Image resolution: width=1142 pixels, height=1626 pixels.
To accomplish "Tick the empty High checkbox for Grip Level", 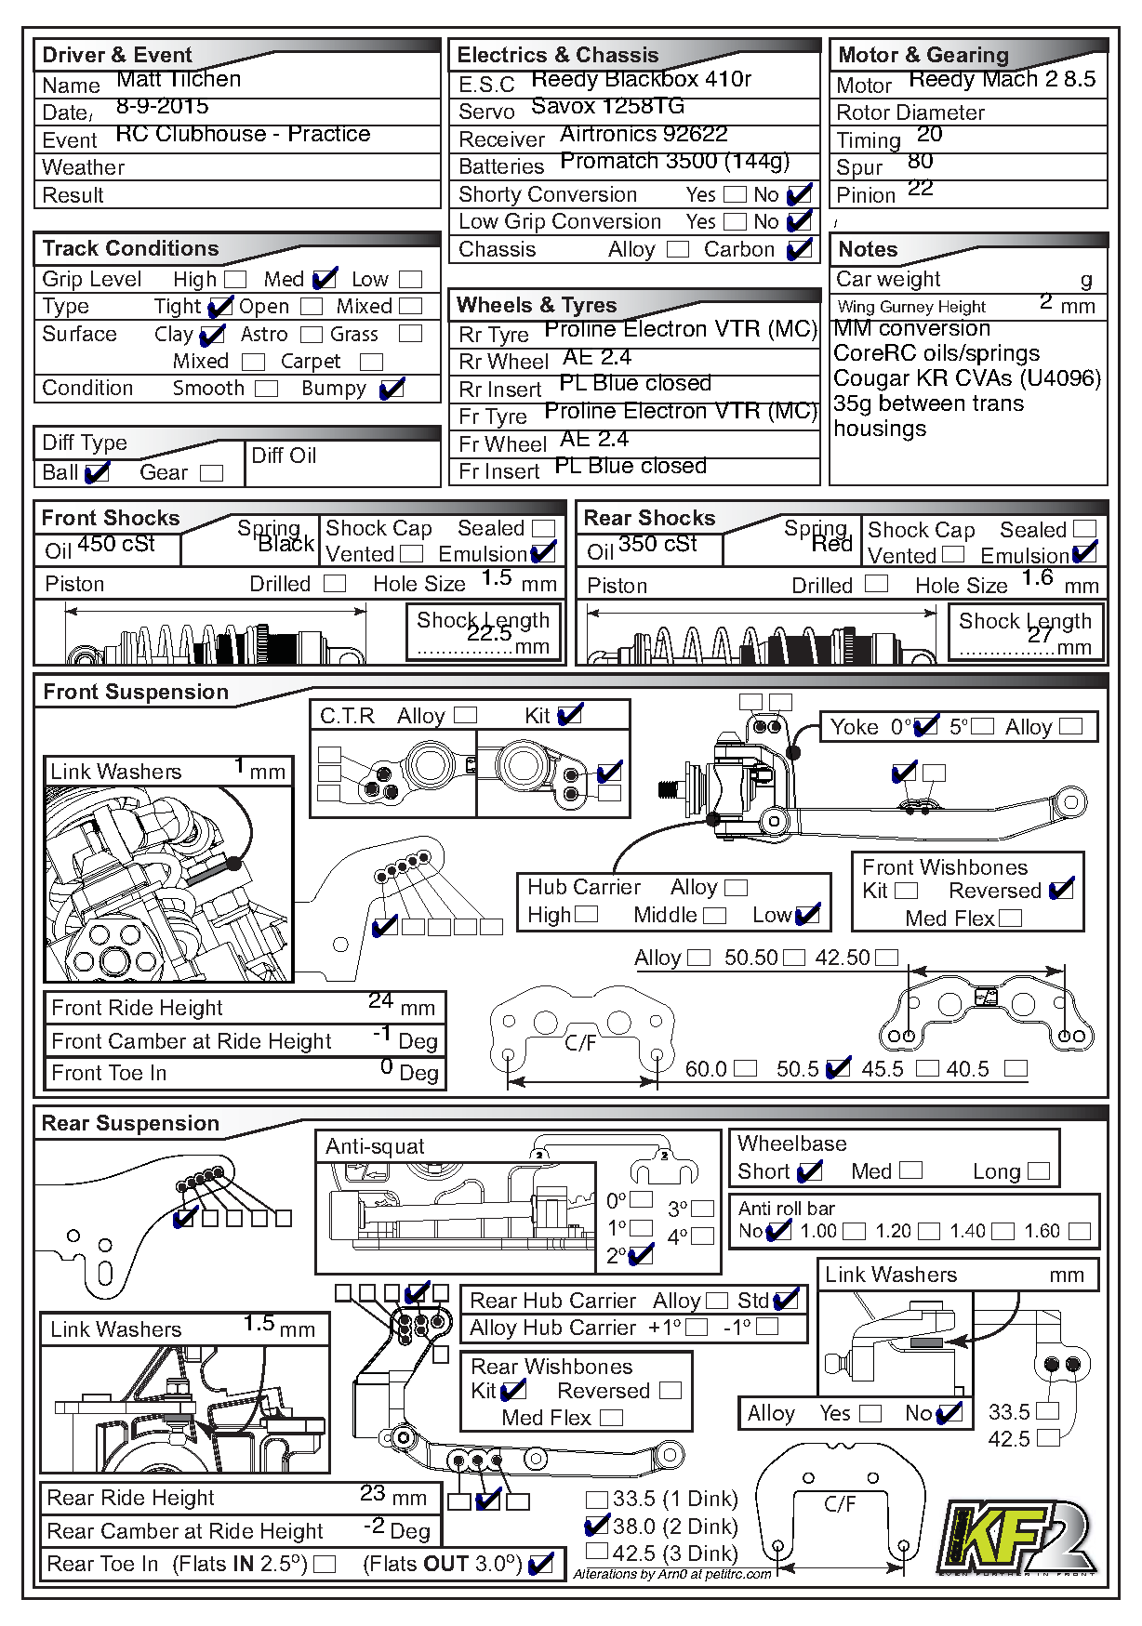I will (236, 280).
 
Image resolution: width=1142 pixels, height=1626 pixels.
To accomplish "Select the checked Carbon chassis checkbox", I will (799, 250).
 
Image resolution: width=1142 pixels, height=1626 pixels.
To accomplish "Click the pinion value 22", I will (921, 189).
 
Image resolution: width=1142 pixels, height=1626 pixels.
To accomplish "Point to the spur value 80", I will (921, 162).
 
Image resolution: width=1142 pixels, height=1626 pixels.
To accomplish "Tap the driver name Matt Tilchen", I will (179, 80).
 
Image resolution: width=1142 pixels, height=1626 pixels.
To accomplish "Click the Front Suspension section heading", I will (136, 693).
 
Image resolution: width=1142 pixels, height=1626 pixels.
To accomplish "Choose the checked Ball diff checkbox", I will (97, 473).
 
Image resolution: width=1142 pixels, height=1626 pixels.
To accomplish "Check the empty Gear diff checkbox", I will (212, 473).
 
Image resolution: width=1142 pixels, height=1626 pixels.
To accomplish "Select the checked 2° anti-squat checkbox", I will (641, 1256).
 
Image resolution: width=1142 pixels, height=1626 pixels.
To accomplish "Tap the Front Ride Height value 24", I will (380, 1001).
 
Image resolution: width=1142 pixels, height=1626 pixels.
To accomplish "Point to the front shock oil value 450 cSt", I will (116, 545).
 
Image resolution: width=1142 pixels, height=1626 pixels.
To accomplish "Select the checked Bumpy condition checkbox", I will (392, 389).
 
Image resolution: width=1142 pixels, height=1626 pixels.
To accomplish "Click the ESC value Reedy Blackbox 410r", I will (641, 80).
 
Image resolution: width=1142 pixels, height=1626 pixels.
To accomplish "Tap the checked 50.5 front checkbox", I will (838, 1069).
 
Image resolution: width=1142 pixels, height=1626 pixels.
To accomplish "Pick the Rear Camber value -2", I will (374, 1526).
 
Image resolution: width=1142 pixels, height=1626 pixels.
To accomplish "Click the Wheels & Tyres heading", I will (537, 306).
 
